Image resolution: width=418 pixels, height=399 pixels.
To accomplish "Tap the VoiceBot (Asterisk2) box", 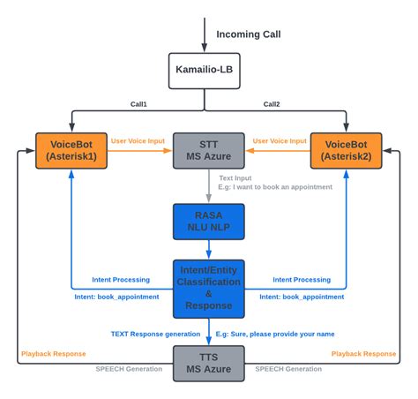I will (347, 150).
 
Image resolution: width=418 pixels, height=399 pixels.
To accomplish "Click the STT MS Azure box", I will (208, 150).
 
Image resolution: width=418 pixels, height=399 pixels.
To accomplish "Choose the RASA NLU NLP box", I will (208, 222).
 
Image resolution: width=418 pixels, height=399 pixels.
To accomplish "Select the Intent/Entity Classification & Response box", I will (208, 287).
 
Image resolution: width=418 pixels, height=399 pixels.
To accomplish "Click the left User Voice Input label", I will (139, 141).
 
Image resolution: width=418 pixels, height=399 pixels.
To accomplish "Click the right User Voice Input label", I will (280, 141).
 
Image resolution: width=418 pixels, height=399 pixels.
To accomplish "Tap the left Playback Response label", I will (52, 353).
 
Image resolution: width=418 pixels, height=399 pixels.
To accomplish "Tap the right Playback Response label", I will (363, 353).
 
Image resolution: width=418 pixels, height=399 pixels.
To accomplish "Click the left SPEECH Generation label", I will (129, 368).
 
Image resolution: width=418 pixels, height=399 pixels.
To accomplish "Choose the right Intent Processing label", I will (302, 279).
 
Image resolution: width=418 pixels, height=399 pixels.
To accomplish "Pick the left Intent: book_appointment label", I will (117, 297).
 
